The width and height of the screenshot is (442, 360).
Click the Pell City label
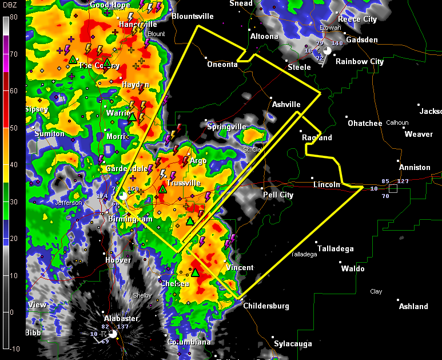[x=278, y=195]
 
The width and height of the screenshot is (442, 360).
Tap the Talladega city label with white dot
[x=336, y=249]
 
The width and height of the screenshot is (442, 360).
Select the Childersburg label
[x=266, y=306]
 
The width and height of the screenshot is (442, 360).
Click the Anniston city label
[x=415, y=168]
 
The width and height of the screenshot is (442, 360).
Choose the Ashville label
[x=286, y=105]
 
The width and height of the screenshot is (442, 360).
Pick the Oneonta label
[x=222, y=65]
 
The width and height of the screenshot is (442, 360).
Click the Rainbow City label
[x=359, y=62]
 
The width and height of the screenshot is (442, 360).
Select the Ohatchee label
[x=365, y=124]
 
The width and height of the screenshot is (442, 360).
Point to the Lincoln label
[x=326, y=185]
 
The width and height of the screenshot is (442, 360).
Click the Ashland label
[x=413, y=306]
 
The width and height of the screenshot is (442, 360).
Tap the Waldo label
[x=352, y=268]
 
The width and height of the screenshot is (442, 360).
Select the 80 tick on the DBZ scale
[x=13, y=17]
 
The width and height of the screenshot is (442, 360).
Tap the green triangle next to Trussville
[x=162, y=188]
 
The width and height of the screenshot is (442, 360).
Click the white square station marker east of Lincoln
[x=393, y=188]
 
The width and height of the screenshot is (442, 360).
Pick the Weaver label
[x=419, y=134]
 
